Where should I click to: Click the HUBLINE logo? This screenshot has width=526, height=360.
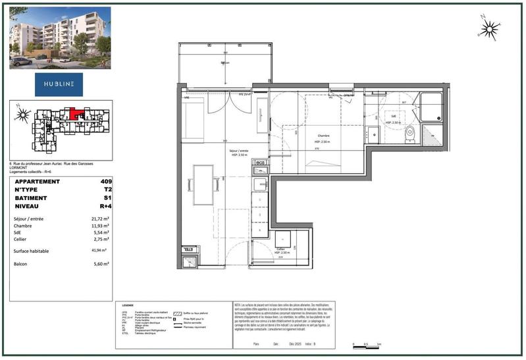coord(59,84)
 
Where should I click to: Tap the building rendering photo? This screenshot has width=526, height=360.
coord(59,38)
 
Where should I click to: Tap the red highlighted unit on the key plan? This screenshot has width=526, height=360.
coord(78,113)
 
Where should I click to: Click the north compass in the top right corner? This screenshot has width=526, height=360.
coord(488,28)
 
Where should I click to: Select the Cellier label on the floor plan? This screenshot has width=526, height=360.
coord(284,249)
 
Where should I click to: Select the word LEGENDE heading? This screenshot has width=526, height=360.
coord(128,305)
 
